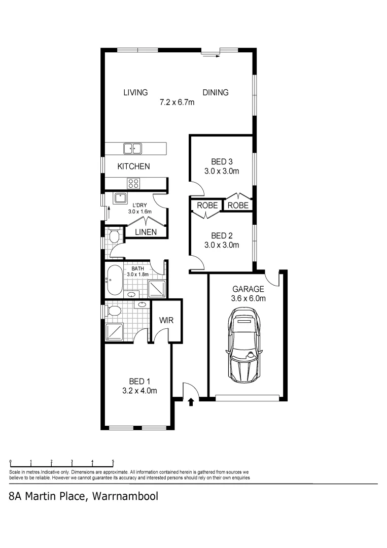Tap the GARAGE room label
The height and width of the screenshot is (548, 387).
[x=248, y=289]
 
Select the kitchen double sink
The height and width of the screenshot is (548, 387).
[x=133, y=149]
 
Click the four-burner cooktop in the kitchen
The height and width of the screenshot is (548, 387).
[x=133, y=184]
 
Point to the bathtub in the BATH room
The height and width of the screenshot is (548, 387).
[x=114, y=280]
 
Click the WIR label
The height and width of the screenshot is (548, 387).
[x=167, y=321]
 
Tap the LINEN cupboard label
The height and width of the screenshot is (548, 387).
[x=146, y=232]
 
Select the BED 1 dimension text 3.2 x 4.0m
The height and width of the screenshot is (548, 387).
[x=139, y=391]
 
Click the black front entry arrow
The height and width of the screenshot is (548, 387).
[x=191, y=403]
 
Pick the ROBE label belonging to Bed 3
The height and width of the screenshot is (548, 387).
[x=238, y=205]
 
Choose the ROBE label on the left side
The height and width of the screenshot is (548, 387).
[x=207, y=205]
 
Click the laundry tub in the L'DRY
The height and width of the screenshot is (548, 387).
[x=120, y=198]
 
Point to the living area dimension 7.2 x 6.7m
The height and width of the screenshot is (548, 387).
[x=177, y=102]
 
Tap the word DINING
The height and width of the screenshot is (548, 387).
[x=216, y=92]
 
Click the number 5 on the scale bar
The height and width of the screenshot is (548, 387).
[x=113, y=462]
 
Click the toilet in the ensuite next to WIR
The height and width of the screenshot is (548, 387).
[x=114, y=310]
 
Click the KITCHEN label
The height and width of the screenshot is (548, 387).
[x=133, y=166]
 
